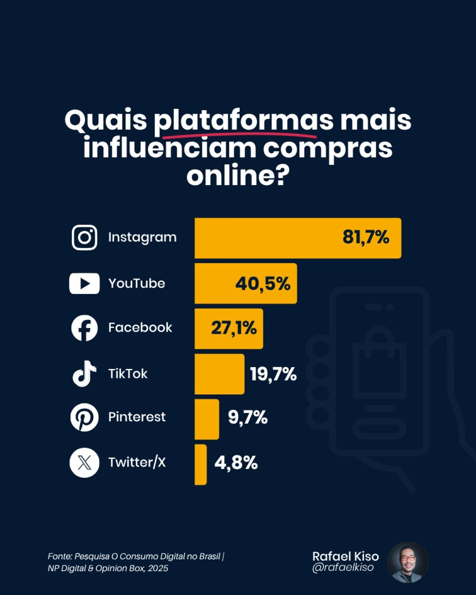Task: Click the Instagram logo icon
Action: coord(84,237)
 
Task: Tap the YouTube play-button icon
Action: coord(84,283)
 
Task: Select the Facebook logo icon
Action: coord(84,328)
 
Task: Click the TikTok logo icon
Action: coord(84,374)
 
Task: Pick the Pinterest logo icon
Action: coord(84,418)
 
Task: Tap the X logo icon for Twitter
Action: coord(84,462)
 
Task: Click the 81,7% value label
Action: coord(365,237)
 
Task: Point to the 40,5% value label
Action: coord(262,283)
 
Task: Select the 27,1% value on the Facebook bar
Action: coord(234,328)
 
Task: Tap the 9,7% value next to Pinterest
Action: coord(248,418)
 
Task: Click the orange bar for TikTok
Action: coord(220,374)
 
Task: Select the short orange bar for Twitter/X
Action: coord(201,464)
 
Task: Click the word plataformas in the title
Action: coord(243,121)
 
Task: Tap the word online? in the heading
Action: coord(238,176)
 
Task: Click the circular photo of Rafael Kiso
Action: coord(408,562)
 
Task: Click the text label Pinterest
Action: coord(137,418)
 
